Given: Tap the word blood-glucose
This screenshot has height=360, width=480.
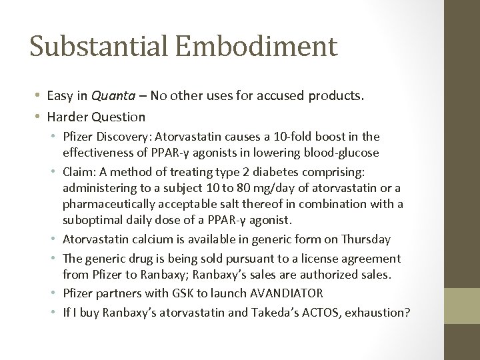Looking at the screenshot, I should tap(337, 152).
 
